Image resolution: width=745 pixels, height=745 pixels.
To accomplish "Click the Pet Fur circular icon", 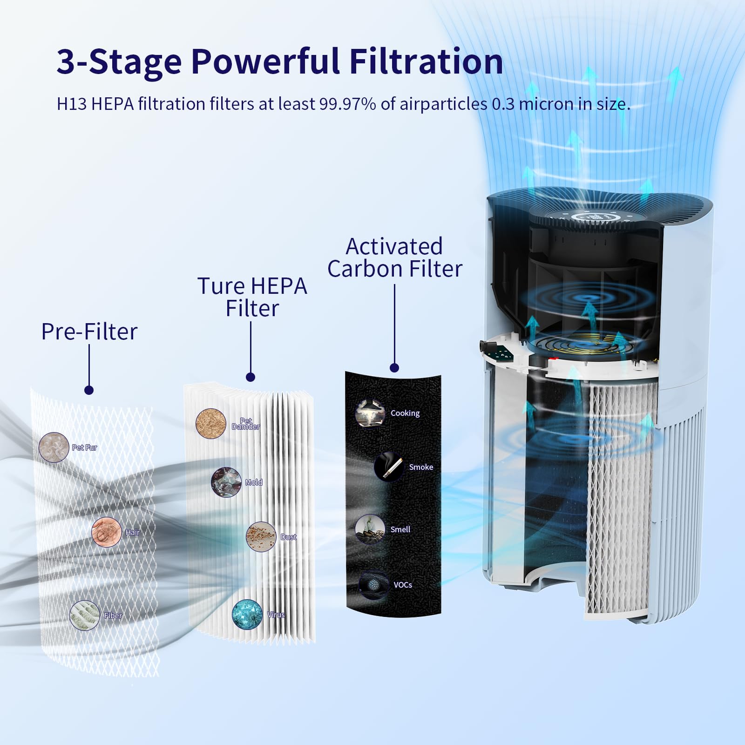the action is (x=54, y=447).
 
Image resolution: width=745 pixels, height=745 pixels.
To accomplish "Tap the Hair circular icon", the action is (x=107, y=531).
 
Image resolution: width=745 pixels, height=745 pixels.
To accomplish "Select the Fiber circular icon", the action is (x=85, y=615).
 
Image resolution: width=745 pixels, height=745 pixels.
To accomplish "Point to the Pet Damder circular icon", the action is (x=211, y=424).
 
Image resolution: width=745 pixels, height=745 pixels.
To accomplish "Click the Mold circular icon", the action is (x=226, y=482).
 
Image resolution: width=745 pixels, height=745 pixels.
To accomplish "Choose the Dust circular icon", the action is (x=261, y=537).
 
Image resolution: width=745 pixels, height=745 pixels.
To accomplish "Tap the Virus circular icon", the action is (x=247, y=615).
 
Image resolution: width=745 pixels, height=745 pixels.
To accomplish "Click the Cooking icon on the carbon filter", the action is (x=370, y=413).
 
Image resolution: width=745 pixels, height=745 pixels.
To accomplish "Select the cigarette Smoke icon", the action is (x=389, y=467).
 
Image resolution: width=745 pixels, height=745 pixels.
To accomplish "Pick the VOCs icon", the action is (x=374, y=585).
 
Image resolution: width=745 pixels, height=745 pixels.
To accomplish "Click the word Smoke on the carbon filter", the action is (x=421, y=467).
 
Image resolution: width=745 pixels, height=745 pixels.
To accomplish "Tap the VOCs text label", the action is (x=403, y=585).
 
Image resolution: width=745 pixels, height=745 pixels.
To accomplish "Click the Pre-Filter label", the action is (x=89, y=332).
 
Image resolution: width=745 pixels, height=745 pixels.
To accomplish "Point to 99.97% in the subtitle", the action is (x=347, y=104).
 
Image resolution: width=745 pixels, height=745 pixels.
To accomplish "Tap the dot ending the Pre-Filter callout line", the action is (x=89, y=390).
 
